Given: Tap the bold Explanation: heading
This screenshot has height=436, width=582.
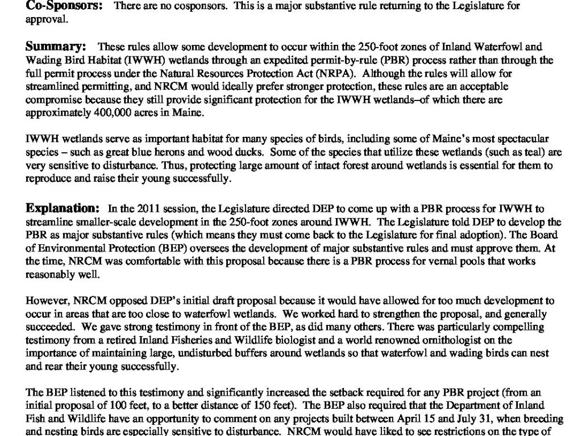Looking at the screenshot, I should [63, 208].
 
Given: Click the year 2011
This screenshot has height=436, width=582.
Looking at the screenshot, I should [130, 209].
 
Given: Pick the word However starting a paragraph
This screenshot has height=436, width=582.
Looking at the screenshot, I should [43, 301].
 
